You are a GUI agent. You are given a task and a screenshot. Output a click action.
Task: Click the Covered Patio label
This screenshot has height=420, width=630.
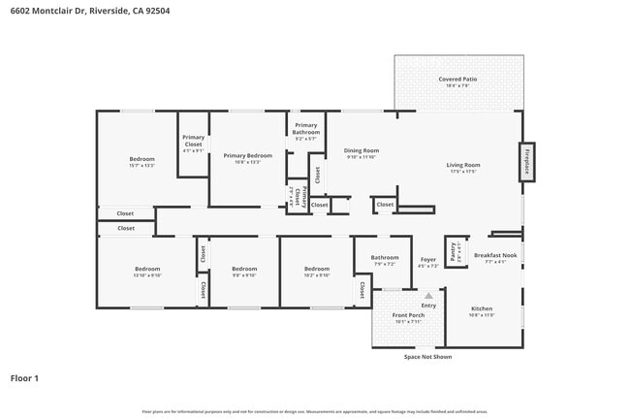click(x=457, y=80)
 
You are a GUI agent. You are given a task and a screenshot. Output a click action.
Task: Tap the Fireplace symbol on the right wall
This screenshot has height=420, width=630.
click(x=527, y=162)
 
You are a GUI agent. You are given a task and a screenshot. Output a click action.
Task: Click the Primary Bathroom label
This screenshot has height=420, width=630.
click(x=305, y=129)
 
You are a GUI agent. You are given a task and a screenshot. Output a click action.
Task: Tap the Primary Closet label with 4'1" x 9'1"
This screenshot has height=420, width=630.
click(x=194, y=142)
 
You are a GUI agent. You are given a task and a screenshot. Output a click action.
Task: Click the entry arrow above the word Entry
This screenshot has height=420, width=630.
click(x=427, y=296)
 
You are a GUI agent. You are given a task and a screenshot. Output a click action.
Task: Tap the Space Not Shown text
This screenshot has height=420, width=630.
click(x=427, y=357)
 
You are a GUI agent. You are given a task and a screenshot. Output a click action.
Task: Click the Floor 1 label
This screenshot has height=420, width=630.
click(x=24, y=377)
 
